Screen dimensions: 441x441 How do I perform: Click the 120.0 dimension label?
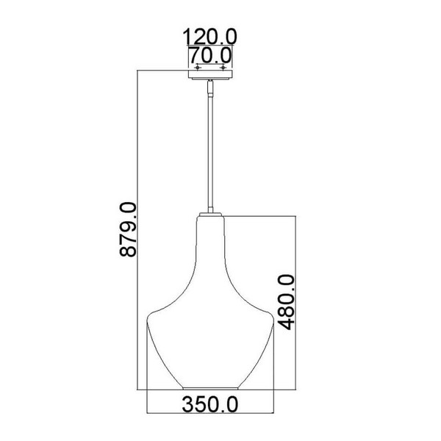209,37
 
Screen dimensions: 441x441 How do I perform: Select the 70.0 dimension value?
209,55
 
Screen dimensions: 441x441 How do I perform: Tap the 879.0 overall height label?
128,229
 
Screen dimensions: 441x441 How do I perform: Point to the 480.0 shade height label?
286,302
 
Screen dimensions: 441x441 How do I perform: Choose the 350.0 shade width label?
209,404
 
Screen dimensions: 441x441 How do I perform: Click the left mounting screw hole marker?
198,68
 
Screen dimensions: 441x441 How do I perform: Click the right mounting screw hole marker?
223,68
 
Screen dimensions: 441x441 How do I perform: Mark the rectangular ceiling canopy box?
210,74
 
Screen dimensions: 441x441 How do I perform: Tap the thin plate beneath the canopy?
210,79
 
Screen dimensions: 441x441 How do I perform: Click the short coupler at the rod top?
210,87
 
